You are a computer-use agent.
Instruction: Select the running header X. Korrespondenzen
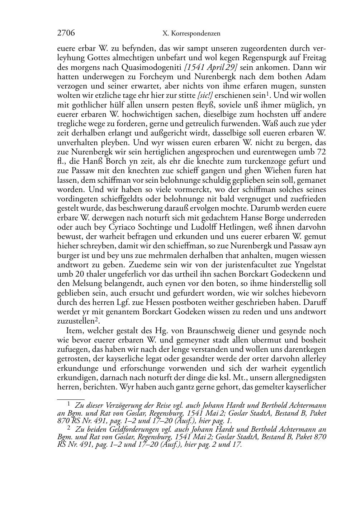(x=191, y=34)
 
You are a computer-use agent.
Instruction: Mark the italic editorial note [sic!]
(x=204, y=95)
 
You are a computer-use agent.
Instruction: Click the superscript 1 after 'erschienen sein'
(x=267, y=94)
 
